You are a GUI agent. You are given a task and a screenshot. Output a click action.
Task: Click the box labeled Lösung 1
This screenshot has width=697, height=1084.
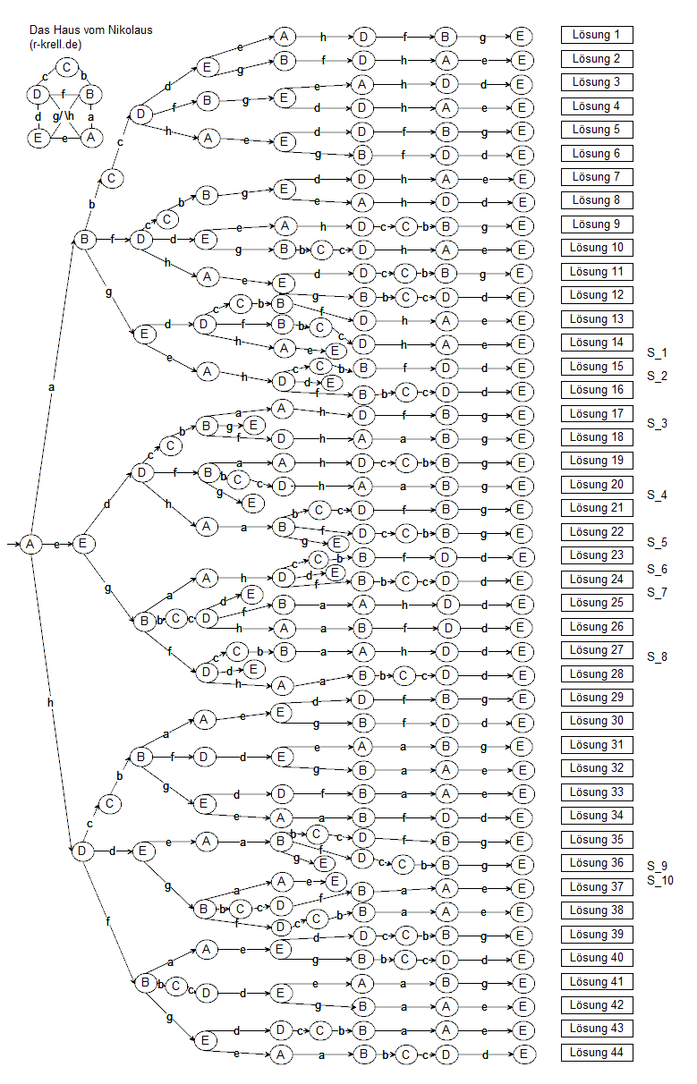(x=597, y=36)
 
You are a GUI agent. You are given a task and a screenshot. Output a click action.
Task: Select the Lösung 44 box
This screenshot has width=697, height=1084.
(x=597, y=1053)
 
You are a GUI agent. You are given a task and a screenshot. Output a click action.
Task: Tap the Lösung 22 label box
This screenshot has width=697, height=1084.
(x=597, y=532)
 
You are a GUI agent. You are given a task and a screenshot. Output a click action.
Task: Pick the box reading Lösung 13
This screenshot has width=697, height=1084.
(x=597, y=319)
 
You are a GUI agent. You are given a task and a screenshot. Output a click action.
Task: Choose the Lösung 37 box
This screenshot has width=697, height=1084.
(x=597, y=887)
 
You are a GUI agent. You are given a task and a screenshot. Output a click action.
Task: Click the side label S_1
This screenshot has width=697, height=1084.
(x=658, y=353)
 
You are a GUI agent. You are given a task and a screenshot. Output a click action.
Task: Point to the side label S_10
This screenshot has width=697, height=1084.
(x=660, y=881)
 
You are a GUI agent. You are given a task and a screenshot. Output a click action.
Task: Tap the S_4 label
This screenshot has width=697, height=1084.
(x=658, y=495)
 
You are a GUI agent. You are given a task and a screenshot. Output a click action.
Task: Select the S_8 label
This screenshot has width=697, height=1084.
(x=658, y=656)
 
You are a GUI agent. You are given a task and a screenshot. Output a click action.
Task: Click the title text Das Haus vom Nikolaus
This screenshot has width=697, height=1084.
(x=90, y=30)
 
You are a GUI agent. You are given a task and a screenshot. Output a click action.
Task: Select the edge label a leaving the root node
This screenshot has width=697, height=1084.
(x=50, y=387)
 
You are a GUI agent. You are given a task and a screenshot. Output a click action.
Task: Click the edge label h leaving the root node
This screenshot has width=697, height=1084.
(x=50, y=703)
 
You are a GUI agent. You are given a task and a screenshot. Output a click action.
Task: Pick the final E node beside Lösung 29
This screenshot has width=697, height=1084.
(x=521, y=698)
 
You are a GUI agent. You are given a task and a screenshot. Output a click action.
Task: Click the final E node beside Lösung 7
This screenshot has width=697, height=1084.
(x=521, y=177)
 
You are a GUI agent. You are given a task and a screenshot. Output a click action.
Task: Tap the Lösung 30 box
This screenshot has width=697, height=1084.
(x=597, y=721)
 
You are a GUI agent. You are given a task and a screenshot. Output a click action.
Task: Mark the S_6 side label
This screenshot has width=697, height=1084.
(x=658, y=569)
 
